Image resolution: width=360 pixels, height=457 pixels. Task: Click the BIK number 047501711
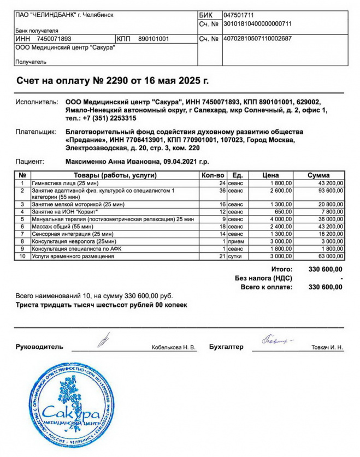click(239, 15)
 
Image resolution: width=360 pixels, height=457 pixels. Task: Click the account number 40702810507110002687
click(257, 39)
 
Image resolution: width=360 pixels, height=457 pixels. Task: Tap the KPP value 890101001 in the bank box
click(154, 39)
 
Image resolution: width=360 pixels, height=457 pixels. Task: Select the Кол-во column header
click(213, 175)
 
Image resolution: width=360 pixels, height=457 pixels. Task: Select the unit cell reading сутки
click(236, 256)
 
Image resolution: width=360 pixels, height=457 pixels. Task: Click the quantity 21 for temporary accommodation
click(222, 256)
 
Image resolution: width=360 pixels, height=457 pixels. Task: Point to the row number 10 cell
click(22, 256)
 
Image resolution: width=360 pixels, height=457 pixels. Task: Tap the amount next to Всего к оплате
click(326, 287)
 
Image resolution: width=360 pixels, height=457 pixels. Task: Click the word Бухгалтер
click(226, 347)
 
